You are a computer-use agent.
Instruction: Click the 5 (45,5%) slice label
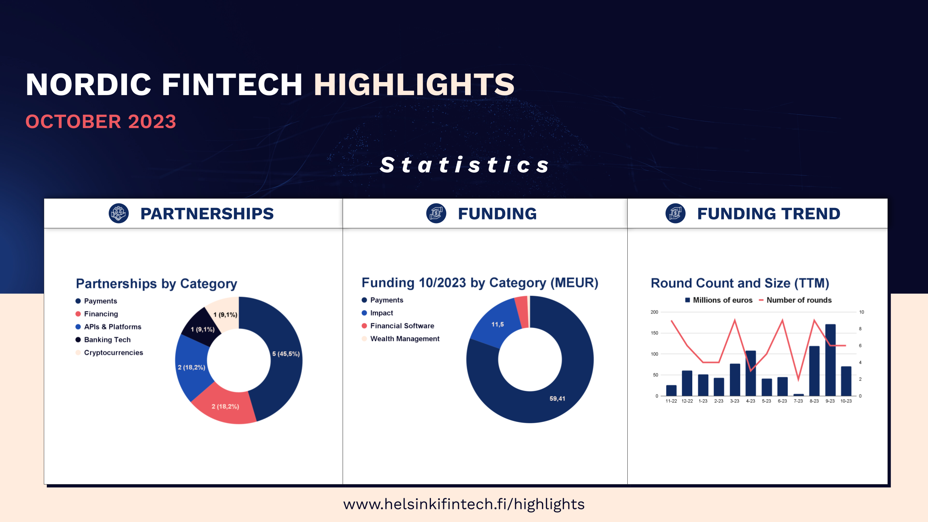tap(286, 354)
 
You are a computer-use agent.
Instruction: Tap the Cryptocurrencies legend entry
tap(109, 353)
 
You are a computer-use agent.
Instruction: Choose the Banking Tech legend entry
tap(103, 340)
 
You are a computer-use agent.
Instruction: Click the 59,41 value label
tap(557, 398)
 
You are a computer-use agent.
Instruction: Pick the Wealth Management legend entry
tap(401, 339)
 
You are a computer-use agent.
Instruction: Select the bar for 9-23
tap(830, 360)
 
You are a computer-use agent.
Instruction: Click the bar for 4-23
tap(751, 373)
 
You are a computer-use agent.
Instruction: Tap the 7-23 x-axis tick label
tap(798, 401)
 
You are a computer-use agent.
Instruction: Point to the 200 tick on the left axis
tap(654, 312)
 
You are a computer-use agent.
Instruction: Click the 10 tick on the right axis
tap(862, 312)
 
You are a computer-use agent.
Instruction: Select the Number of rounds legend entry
tap(795, 300)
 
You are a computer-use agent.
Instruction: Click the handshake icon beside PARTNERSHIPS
tap(119, 213)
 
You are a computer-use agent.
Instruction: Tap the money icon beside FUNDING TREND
tap(676, 213)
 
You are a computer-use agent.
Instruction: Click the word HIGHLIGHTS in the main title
tap(414, 85)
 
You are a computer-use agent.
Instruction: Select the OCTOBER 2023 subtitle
tap(101, 122)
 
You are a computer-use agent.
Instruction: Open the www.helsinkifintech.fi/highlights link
tap(464, 504)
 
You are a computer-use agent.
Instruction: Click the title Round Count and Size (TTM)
tap(740, 283)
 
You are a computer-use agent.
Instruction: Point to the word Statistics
tap(464, 165)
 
